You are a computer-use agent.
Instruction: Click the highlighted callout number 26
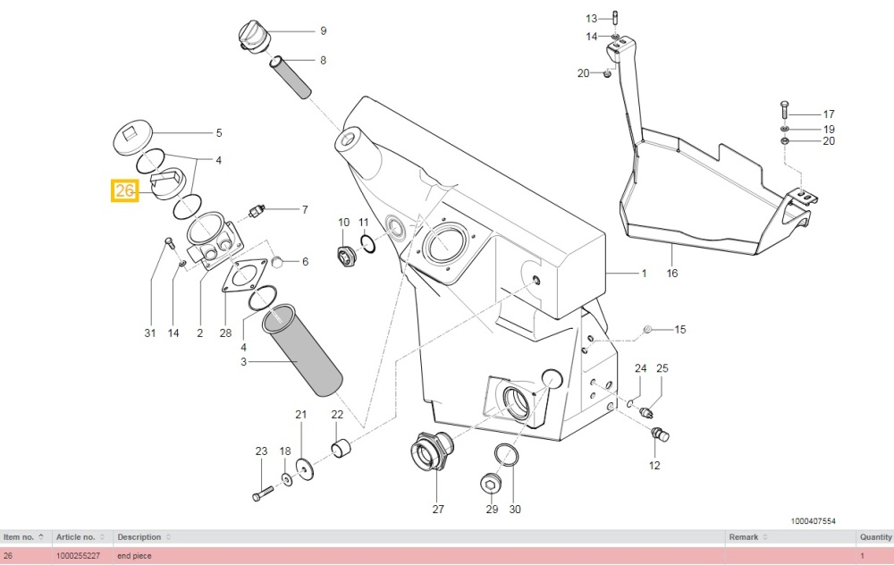124,190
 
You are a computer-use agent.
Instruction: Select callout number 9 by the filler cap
323,30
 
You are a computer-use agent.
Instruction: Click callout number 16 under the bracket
671,274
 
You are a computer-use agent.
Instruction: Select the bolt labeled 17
784,109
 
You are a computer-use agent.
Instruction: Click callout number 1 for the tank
643,273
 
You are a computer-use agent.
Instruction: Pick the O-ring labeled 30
505,453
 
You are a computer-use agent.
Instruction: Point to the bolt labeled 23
259,492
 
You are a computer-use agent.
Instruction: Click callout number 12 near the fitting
654,466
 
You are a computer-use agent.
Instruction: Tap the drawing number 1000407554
813,519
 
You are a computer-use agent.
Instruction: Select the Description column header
139,537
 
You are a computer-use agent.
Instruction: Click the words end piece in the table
134,556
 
